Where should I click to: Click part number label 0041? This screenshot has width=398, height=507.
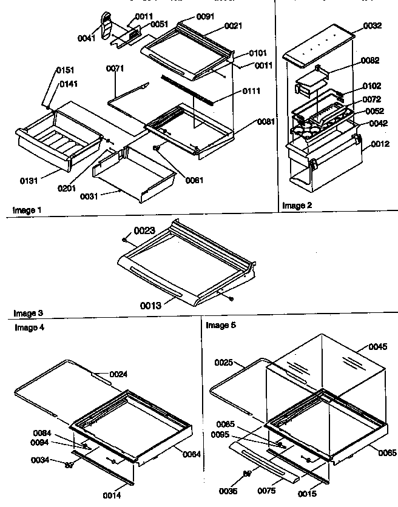tap(87, 38)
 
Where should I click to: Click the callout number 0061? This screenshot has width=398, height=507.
tap(195, 180)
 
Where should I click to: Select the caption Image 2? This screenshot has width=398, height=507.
tap(298, 206)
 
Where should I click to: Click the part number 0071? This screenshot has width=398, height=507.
tap(115, 69)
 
